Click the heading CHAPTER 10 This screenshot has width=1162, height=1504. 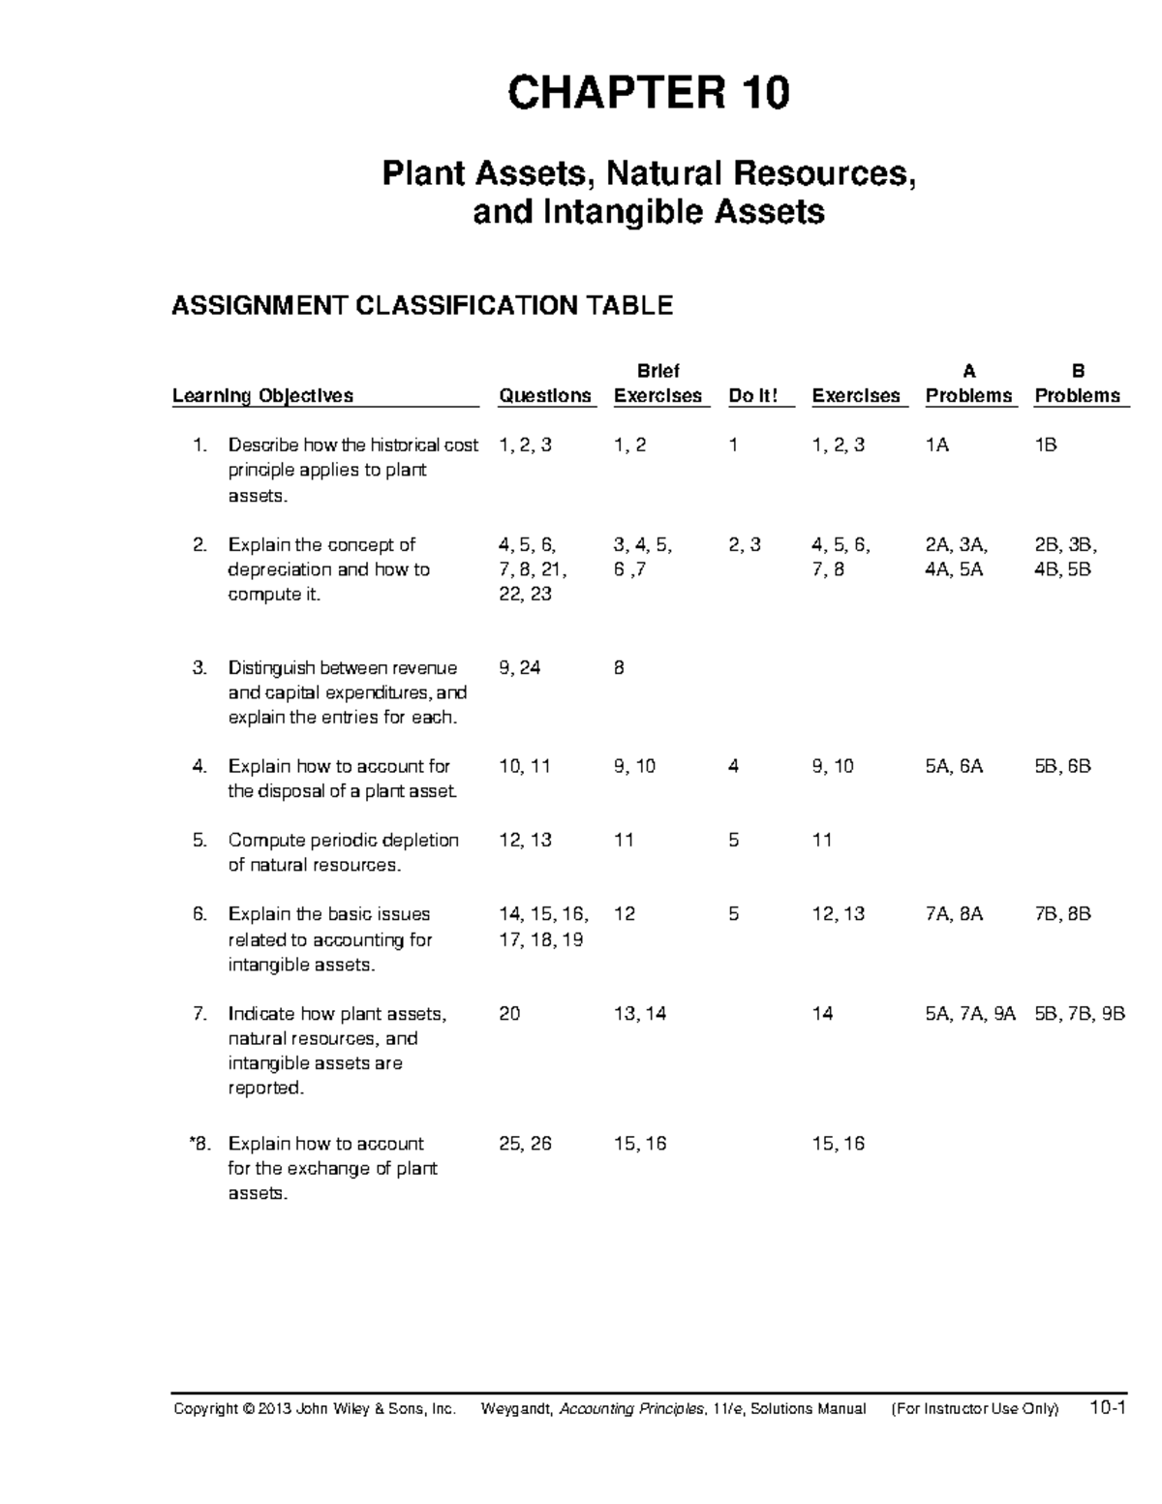click(x=648, y=94)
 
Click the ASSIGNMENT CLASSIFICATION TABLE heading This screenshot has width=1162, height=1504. click(x=421, y=306)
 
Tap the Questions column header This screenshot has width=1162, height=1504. click(x=544, y=395)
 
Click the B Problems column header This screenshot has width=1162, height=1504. click(x=1078, y=384)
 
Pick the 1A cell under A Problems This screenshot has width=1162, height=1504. click(x=937, y=445)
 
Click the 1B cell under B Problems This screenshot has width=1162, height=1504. click(x=1046, y=445)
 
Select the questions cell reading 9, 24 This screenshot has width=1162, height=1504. click(x=519, y=668)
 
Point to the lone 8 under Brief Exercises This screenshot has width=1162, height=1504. click(x=619, y=668)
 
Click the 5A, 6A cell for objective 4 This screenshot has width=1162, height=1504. click(x=954, y=766)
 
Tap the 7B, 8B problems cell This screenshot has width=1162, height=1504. click(x=1062, y=914)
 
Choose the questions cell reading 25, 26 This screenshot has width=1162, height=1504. click(x=525, y=1144)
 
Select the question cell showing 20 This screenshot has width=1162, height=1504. click(x=508, y=1014)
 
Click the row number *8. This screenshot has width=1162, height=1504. click(x=199, y=1144)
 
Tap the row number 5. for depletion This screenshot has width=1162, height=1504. click(x=199, y=840)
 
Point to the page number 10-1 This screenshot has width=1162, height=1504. click(x=1107, y=1408)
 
